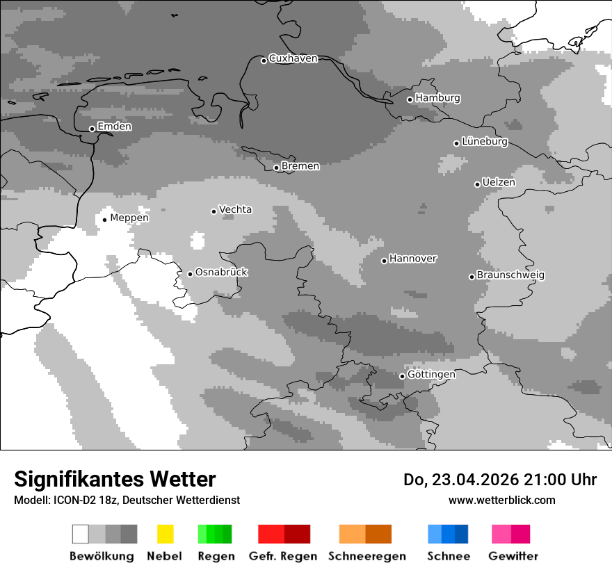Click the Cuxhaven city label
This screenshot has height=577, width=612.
pyautogui.click(x=293, y=58)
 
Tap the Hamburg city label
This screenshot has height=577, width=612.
pyautogui.click(x=437, y=98)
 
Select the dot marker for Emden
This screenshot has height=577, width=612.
pyautogui.click(x=92, y=129)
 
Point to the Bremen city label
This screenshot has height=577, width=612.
pyautogui.click(x=300, y=166)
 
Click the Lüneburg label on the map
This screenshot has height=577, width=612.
pyautogui.click(x=485, y=142)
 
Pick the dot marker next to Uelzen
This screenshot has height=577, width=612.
pyautogui.click(x=477, y=184)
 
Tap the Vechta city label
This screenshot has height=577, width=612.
pyautogui.click(x=235, y=209)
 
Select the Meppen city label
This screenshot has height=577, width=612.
pyautogui.click(x=129, y=218)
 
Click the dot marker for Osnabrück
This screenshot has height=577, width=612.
pyautogui.click(x=190, y=274)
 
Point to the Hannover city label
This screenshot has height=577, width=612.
pyautogui.click(x=412, y=259)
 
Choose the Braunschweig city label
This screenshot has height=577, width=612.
pyautogui.click(x=510, y=275)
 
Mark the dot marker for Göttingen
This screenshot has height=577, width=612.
pyautogui.click(x=402, y=376)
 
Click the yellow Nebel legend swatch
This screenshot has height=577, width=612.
pyautogui.click(x=165, y=534)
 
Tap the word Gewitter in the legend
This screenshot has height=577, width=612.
pyautogui.click(x=513, y=556)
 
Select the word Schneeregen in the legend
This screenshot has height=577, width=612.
pyautogui.click(x=367, y=556)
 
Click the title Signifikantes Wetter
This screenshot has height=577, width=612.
pyautogui.click(x=115, y=480)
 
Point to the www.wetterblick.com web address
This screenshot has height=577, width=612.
pyautogui.click(x=501, y=500)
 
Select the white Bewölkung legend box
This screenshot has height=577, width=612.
pyautogui.click(x=81, y=534)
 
